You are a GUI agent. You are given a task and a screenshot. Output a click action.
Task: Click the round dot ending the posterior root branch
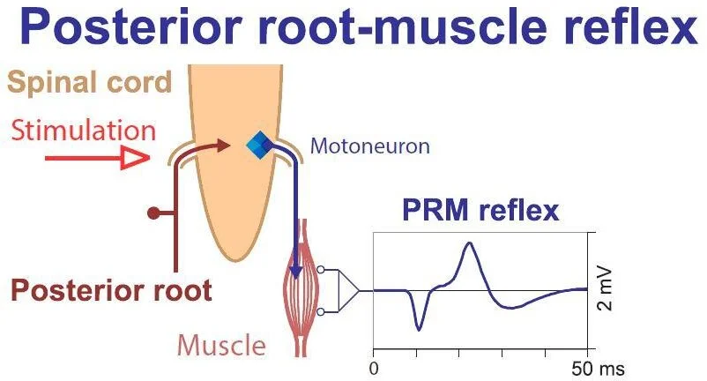point(153,213)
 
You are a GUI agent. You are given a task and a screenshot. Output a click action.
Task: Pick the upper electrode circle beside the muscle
point(323,270)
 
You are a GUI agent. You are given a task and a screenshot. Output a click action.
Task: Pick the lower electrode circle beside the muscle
point(323,311)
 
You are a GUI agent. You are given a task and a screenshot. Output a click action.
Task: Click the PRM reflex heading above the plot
point(480,212)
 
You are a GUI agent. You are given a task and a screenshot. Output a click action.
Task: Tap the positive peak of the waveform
point(469,244)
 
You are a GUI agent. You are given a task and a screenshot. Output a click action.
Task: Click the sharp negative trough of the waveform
point(419,329)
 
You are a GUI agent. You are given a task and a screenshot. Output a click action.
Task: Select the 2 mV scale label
point(606,290)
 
